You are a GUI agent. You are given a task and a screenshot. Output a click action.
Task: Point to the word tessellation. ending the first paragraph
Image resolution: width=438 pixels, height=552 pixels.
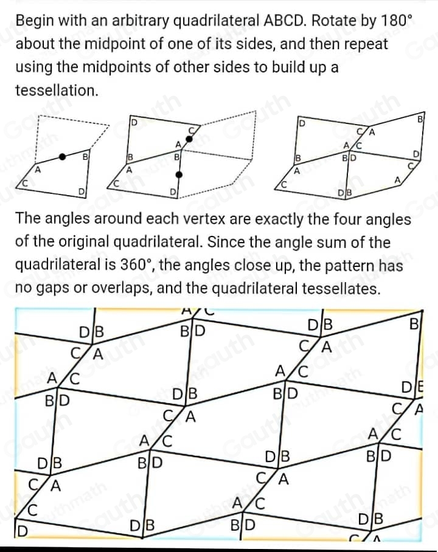coord(56,91)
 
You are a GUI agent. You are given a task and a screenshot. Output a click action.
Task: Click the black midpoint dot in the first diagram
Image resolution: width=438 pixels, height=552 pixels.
coord(62,157)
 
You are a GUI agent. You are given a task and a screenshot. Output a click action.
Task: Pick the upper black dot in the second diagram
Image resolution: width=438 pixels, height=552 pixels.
coord(189,139)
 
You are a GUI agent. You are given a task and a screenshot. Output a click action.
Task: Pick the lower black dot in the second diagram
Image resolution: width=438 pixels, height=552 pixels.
coord(178,175)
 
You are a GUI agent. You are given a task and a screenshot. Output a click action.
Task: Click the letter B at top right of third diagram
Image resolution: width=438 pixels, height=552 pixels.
coord(420,119)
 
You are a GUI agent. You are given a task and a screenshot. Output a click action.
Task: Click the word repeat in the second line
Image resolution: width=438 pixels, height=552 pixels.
coord(366,45)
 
